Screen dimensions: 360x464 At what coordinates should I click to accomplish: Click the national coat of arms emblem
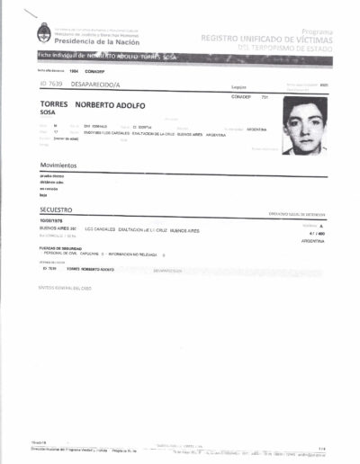(42, 35)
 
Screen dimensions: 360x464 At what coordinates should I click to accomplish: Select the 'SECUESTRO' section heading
(56, 209)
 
